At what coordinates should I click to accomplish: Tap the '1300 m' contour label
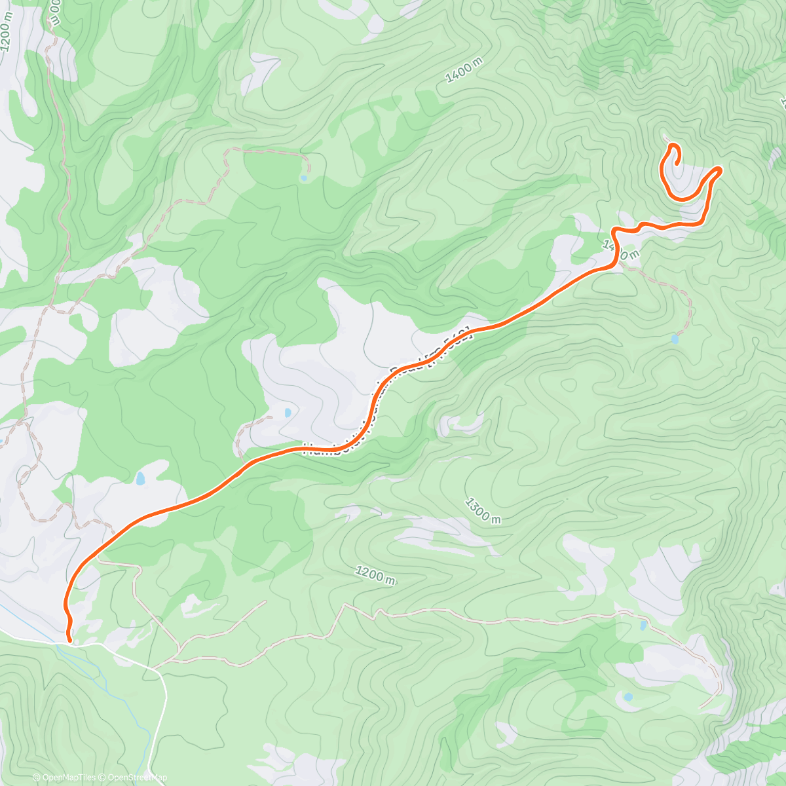(x=483, y=510)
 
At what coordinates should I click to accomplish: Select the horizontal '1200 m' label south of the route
(x=376, y=575)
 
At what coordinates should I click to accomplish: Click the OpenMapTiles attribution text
(x=64, y=777)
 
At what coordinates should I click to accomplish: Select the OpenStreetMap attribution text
(x=133, y=777)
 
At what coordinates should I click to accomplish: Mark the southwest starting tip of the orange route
(x=69, y=633)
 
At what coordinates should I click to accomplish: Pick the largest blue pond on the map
(x=140, y=479)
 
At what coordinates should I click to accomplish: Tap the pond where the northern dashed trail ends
(x=303, y=177)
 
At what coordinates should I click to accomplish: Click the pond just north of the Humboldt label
(x=288, y=413)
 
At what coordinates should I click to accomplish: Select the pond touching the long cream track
(x=643, y=626)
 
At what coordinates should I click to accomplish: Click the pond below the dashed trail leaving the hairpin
(x=675, y=339)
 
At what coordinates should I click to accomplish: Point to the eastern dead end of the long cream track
(x=701, y=707)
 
